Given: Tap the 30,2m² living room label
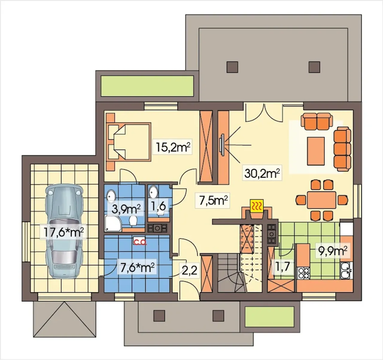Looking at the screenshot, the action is tap(262, 173).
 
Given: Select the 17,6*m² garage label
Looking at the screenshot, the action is tap(63, 232).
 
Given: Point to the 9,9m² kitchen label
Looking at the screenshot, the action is tap(333, 251).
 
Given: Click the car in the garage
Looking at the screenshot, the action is tap(64, 232).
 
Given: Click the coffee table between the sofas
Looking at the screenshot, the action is tap(316, 151).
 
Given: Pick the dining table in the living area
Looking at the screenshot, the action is tap(321, 199).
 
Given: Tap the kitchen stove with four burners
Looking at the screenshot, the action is tap(304, 273).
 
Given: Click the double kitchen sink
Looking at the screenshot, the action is tap(346, 271).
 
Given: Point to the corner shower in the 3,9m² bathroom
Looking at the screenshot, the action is tap(113, 223).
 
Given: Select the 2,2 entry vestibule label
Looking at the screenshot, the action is tap(189, 271).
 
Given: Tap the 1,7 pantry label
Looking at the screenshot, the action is tap(282, 267).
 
